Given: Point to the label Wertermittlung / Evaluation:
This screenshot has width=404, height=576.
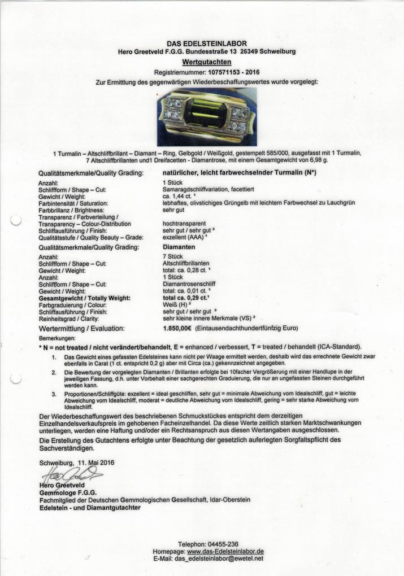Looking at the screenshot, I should click(x=81, y=328).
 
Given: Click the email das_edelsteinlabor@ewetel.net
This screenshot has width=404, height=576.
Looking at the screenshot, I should click(x=220, y=558).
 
